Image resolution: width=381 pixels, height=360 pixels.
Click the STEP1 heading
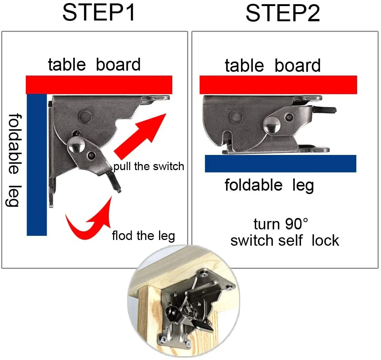pos(99,13)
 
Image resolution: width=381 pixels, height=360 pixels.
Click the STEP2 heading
pos(283,14)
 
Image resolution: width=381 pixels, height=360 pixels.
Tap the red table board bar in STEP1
pos(99,85)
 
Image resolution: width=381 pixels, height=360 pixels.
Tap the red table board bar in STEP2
pos(278,85)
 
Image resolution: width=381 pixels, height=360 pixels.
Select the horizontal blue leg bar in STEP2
pos(280,163)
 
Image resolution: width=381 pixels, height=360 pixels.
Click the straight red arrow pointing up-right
pos(140,136)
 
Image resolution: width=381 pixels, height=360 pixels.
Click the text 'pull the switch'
pos(149,166)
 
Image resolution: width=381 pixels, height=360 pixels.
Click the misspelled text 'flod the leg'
pos(143,236)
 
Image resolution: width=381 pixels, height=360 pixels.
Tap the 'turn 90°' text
pos(280,224)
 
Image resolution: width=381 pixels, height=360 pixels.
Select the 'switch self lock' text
pos(285,241)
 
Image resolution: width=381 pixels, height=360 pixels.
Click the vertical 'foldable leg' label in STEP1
pos(14,160)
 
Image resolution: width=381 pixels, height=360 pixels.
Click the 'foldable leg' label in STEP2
pos(269,185)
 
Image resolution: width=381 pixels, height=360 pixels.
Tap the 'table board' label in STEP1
pos(94,65)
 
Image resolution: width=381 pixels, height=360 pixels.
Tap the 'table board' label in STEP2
pos(272,65)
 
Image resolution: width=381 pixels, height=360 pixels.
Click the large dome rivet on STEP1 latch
pos(76,145)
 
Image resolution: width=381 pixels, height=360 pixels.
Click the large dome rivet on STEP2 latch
pos(271,125)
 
